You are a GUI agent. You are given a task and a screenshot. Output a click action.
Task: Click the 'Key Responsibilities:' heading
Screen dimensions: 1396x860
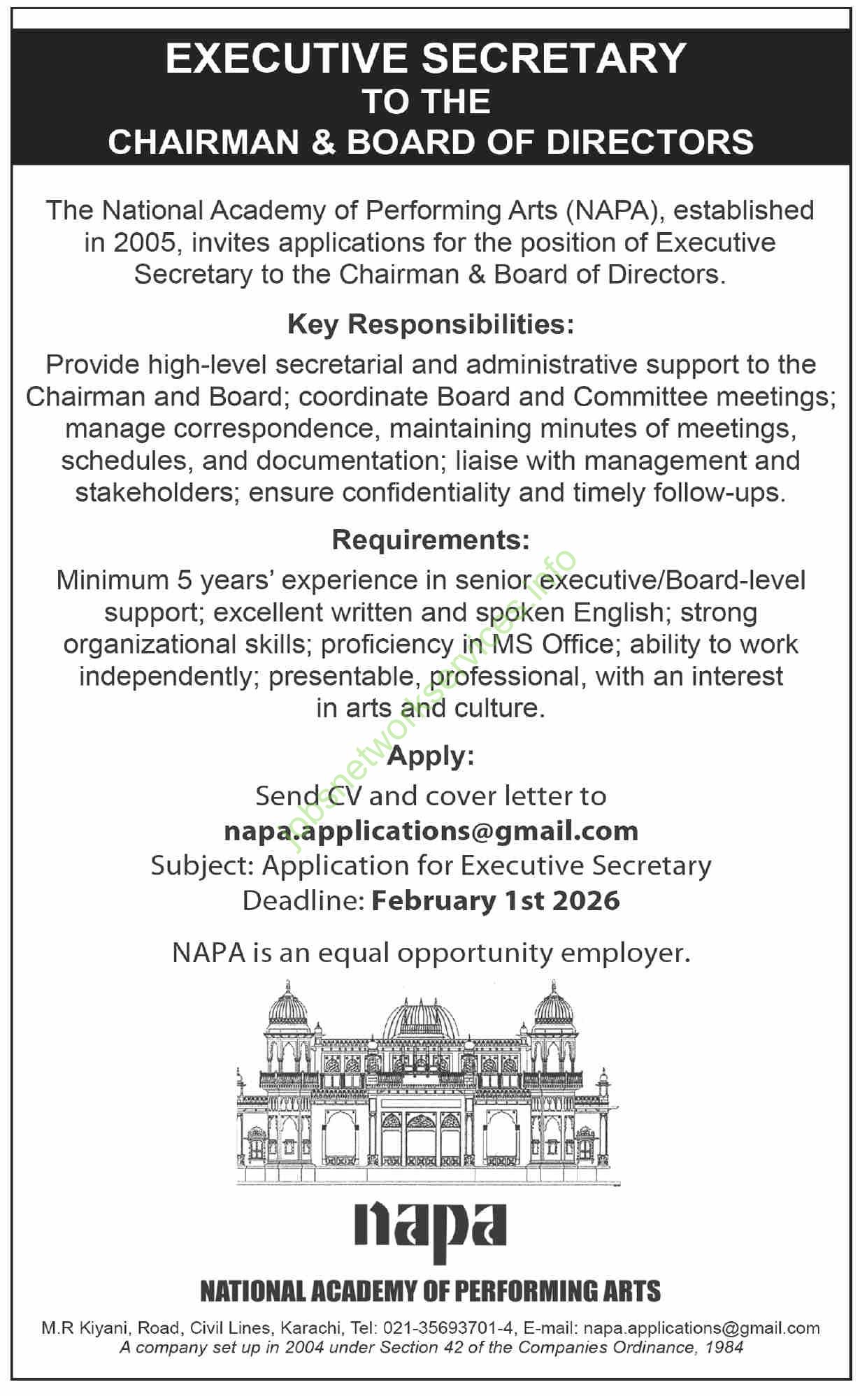point(430,325)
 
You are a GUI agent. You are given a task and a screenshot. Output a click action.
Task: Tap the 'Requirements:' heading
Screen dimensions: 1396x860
point(430,540)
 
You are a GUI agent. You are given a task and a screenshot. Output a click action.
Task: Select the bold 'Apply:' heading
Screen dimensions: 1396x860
point(430,756)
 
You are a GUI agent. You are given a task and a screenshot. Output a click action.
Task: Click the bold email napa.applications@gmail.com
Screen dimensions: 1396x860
point(431,831)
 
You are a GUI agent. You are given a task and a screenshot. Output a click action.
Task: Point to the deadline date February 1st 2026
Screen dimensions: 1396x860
point(495,900)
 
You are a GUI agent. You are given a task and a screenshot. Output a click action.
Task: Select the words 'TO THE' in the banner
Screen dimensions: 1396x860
point(427,102)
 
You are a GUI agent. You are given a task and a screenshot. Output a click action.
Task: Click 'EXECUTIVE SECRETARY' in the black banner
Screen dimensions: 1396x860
point(427,59)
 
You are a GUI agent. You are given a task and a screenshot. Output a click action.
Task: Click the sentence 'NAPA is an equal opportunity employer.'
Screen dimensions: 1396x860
point(431,954)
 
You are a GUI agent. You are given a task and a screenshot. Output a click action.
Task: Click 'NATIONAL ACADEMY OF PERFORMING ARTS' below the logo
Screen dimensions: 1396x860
point(430,1291)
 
